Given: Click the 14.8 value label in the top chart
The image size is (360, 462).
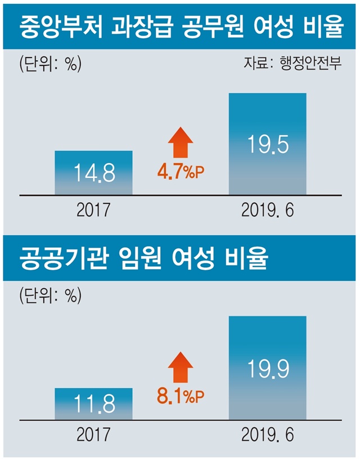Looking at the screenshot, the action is pos(94,173).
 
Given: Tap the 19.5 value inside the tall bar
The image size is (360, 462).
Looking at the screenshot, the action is pos(268,144).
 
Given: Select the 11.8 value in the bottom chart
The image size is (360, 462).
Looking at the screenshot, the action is pos(94,403).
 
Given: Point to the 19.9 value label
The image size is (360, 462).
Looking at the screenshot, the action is pos(268,368).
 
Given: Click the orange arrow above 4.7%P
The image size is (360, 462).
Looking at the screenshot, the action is pos(181,142).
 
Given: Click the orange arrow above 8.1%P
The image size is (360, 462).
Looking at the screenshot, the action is pos(181,367).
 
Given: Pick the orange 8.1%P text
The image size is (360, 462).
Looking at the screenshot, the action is pos(181,397).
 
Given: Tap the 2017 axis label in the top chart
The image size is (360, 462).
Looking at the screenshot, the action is pos(93,210).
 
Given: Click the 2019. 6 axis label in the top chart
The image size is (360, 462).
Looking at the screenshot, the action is pos(268,210).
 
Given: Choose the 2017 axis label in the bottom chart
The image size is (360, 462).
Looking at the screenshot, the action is pos(93,434).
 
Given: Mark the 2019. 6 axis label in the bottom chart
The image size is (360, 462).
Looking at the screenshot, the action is pos(268,434).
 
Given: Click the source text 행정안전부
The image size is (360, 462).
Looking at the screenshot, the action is pos(310,63).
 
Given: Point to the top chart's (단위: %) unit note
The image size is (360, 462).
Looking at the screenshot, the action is pos(50,64).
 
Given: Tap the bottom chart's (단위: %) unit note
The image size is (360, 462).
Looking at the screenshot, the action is pos(50,295).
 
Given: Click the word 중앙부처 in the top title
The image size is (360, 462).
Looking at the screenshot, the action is pos(61,27).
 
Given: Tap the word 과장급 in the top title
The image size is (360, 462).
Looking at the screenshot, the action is pos(142,27).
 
